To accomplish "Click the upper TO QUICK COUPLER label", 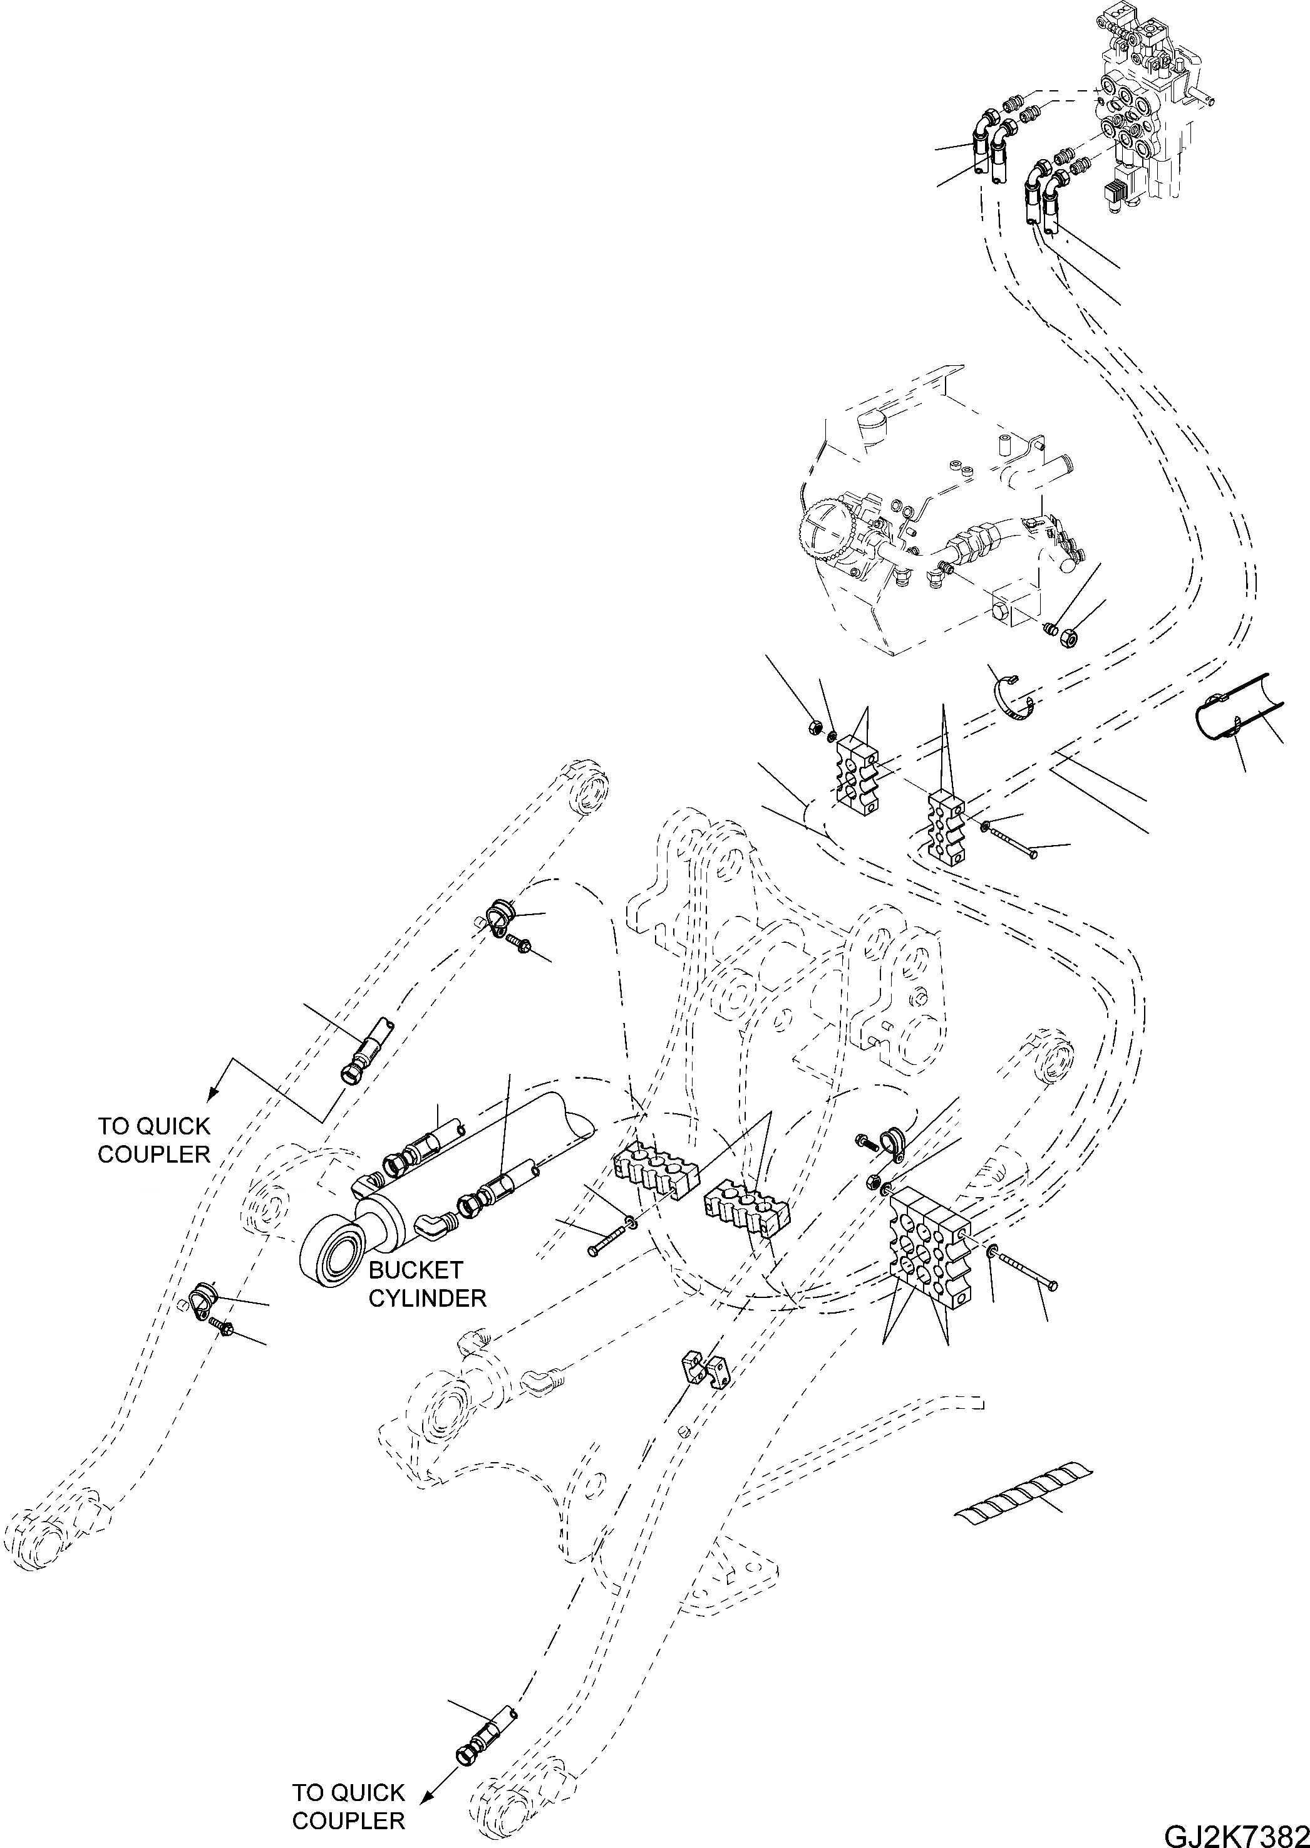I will pos(153,1139).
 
